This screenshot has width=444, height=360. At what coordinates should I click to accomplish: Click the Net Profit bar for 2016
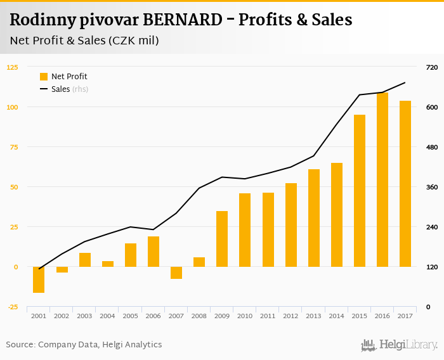point(382,180)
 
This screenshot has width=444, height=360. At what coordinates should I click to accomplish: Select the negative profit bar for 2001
point(39,280)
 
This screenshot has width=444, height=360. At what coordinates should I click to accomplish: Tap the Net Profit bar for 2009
point(222,239)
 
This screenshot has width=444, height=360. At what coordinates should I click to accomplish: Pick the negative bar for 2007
point(176,273)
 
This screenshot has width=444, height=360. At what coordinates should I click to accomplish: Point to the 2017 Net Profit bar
point(405,184)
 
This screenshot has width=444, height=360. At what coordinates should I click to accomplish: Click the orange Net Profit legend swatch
point(44,77)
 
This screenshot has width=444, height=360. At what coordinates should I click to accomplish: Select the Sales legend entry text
point(60,89)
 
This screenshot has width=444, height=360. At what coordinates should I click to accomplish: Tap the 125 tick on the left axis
point(13,67)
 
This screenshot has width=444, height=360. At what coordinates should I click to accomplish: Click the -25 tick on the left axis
point(13,307)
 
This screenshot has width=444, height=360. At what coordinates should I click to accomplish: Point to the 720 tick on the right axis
point(432,67)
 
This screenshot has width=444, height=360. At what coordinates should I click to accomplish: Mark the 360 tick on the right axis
point(432,187)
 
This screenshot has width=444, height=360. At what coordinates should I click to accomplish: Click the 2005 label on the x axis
point(131,316)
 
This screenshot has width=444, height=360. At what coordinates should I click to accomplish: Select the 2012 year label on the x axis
point(291,316)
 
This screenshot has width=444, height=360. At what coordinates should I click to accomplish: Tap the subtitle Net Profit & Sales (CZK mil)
point(84,41)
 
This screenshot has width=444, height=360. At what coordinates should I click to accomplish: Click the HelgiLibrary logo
point(399,345)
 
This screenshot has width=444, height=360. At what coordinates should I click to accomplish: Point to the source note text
point(84,344)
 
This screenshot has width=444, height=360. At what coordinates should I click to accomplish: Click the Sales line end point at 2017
point(405,82)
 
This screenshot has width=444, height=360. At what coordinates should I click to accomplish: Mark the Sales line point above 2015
point(360,95)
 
